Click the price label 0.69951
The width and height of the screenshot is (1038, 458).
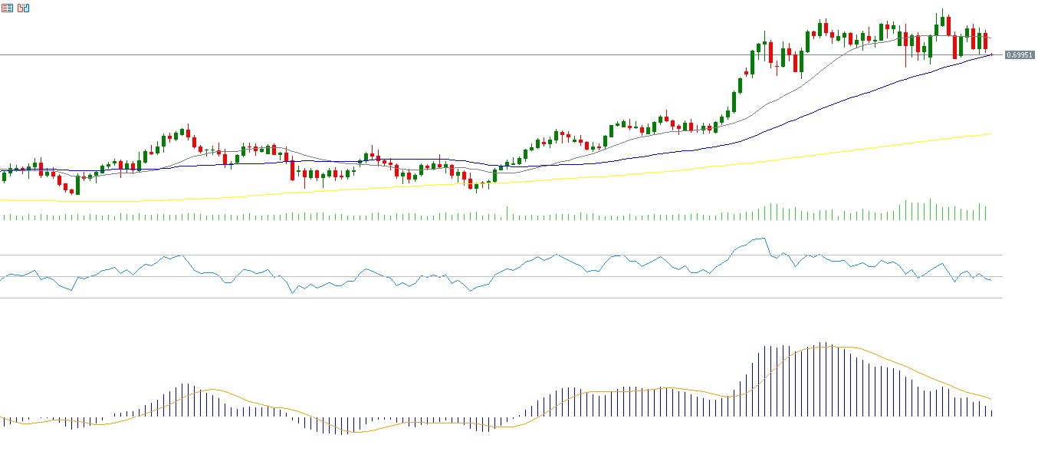tap(1020, 55)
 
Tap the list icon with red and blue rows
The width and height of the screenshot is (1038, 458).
tap(8, 8)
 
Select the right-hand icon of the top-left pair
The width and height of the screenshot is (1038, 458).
tap(23, 8)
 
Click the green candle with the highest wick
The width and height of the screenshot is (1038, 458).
tap(942, 23)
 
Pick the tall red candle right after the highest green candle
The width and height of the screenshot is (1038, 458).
tap(948, 26)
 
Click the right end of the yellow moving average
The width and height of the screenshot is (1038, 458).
tap(991, 134)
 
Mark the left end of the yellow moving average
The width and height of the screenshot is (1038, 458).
tap(2, 200)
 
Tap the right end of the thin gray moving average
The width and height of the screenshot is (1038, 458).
tap(991, 38)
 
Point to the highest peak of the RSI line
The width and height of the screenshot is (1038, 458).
tap(761, 239)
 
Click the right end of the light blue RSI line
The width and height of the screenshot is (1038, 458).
tap(990, 280)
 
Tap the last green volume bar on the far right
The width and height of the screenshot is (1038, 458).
tap(986, 213)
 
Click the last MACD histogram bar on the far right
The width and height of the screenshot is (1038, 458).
tap(992, 413)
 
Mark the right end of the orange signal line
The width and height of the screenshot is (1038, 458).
tap(992, 399)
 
